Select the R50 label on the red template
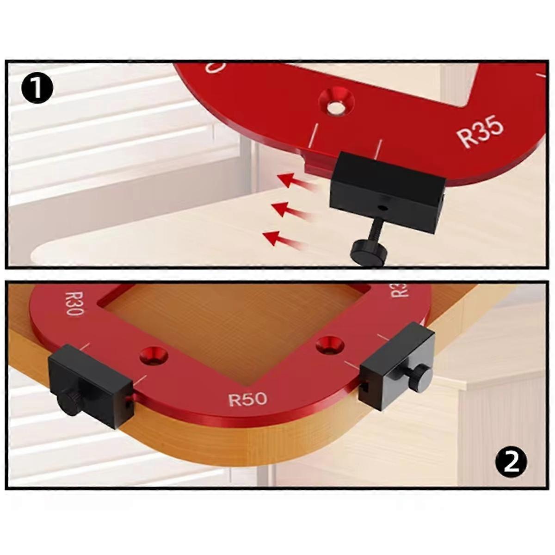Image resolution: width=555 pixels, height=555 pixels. tap(248, 399)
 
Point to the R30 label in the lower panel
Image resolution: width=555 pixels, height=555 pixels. tap(74, 303)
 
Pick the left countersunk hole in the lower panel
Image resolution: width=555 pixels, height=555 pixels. tap(154, 357)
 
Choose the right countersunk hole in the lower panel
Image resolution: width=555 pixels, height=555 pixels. tap(330, 345)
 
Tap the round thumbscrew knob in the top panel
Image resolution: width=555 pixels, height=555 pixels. tap(367, 252)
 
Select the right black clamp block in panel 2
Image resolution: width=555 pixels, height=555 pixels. tap(397, 365)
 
